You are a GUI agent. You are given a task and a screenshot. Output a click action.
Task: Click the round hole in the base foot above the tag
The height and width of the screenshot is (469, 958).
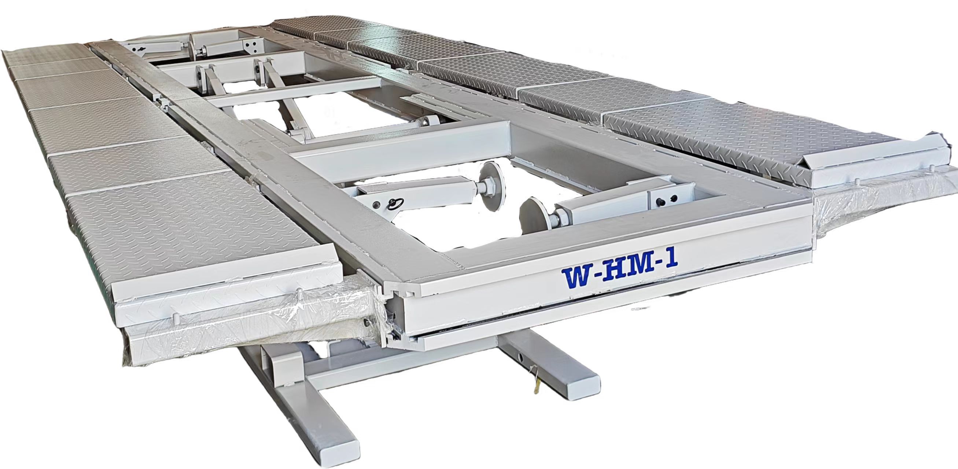coord(522,359)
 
